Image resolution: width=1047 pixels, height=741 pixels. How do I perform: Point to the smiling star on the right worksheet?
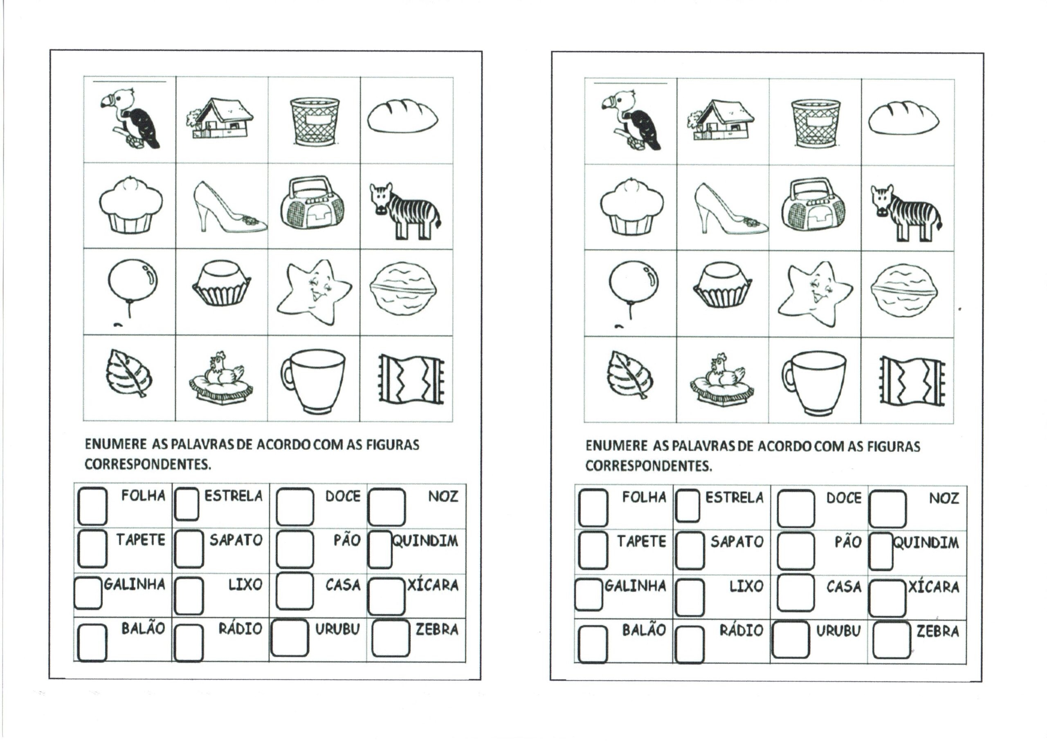tap(815, 293)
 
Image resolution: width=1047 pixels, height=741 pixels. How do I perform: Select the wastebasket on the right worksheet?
tap(815, 123)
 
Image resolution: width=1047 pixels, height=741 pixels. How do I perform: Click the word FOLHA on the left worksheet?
tap(143, 496)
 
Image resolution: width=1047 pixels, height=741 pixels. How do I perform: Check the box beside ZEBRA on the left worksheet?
tap(391, 638)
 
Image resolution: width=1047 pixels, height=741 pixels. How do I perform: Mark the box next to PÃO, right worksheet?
tap(795, 550)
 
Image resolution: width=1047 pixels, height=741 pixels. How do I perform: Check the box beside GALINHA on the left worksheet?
tap(88, 593)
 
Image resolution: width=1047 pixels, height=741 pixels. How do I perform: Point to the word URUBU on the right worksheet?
tap(838, 631)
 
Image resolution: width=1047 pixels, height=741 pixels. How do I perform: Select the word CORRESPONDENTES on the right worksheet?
tap(648, 466)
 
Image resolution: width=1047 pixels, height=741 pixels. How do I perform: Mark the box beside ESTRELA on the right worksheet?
tap(688, 505)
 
